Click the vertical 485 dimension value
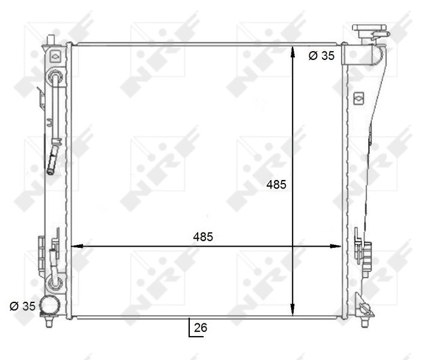pos(276,185)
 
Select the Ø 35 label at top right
pos(321,56)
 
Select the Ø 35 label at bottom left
pos(23,306)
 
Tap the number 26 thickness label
pos(201,328)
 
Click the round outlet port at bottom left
pos(48,306)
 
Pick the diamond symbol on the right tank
pos(359,96)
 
